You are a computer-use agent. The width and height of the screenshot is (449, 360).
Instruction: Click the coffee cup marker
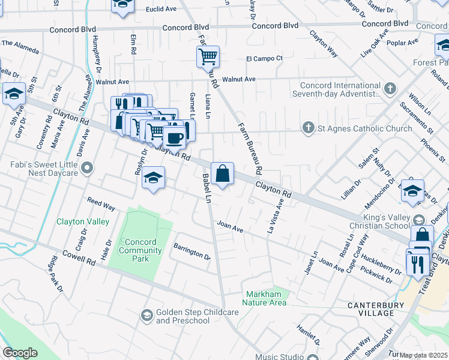click(174, 137)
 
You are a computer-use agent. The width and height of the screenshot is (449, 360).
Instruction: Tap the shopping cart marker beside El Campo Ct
click(208, 58)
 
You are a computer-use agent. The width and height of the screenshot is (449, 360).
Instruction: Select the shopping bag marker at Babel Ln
click(222, 174)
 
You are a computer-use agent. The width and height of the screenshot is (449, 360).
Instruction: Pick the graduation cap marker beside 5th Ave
click(14, 94)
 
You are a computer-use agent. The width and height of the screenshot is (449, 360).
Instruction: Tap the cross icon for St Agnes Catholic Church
click(308, 128)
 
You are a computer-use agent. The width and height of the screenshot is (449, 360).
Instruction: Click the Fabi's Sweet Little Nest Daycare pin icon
click(88, 168)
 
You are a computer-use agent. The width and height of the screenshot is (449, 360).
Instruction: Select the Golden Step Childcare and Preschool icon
click(146, 315)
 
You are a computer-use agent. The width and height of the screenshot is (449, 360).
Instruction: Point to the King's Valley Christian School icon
click(419, 220)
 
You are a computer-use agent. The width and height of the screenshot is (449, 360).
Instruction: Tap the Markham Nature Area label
click(266, 298)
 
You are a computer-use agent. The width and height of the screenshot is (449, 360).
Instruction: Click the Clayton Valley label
click(83, 221)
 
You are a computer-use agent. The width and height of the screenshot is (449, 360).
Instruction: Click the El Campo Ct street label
click(264, 58)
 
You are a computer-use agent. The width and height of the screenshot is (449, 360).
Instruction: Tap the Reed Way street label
click(101, 205)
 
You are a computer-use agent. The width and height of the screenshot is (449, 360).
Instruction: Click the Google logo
click(20, 353)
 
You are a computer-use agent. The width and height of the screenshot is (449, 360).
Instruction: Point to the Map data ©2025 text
click(423, 355)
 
